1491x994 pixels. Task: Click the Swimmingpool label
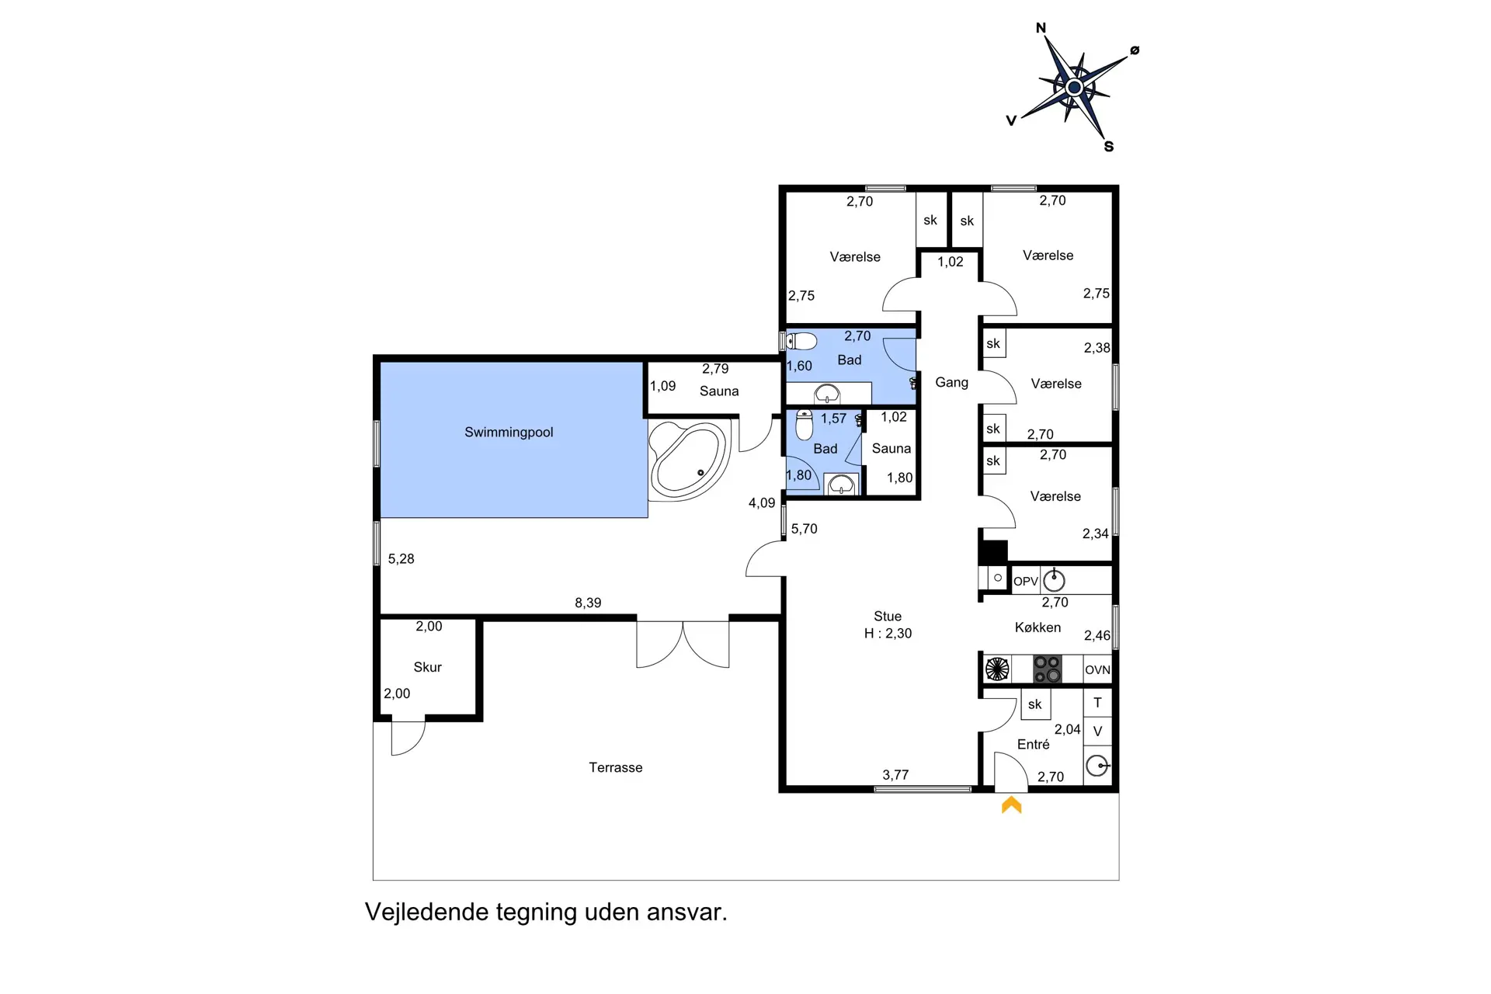point(509,433)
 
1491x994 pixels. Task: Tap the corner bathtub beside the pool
point(688,460)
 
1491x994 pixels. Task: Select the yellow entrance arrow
point(1011,805)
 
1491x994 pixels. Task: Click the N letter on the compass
point(1041,28)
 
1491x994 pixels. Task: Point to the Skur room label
point(427,667)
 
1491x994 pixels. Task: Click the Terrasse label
point(615,767)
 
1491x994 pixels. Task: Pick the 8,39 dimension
point(588,603)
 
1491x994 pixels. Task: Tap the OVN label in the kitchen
point(1097,669)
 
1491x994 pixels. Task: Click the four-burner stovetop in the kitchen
point(1047,669)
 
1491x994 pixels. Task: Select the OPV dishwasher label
point(1025,581)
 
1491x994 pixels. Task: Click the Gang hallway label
point(951,382)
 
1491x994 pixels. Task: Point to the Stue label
point(888,617)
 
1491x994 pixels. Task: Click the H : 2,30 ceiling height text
point(888,634)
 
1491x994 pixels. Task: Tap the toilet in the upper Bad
point(801,341)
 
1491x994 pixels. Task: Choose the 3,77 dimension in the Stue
point(895,775)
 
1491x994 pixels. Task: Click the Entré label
point(1033,744)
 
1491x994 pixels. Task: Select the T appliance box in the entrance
point(1097,702)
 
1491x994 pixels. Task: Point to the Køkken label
point(1037,627)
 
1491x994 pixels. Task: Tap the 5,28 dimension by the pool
point(401,559)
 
